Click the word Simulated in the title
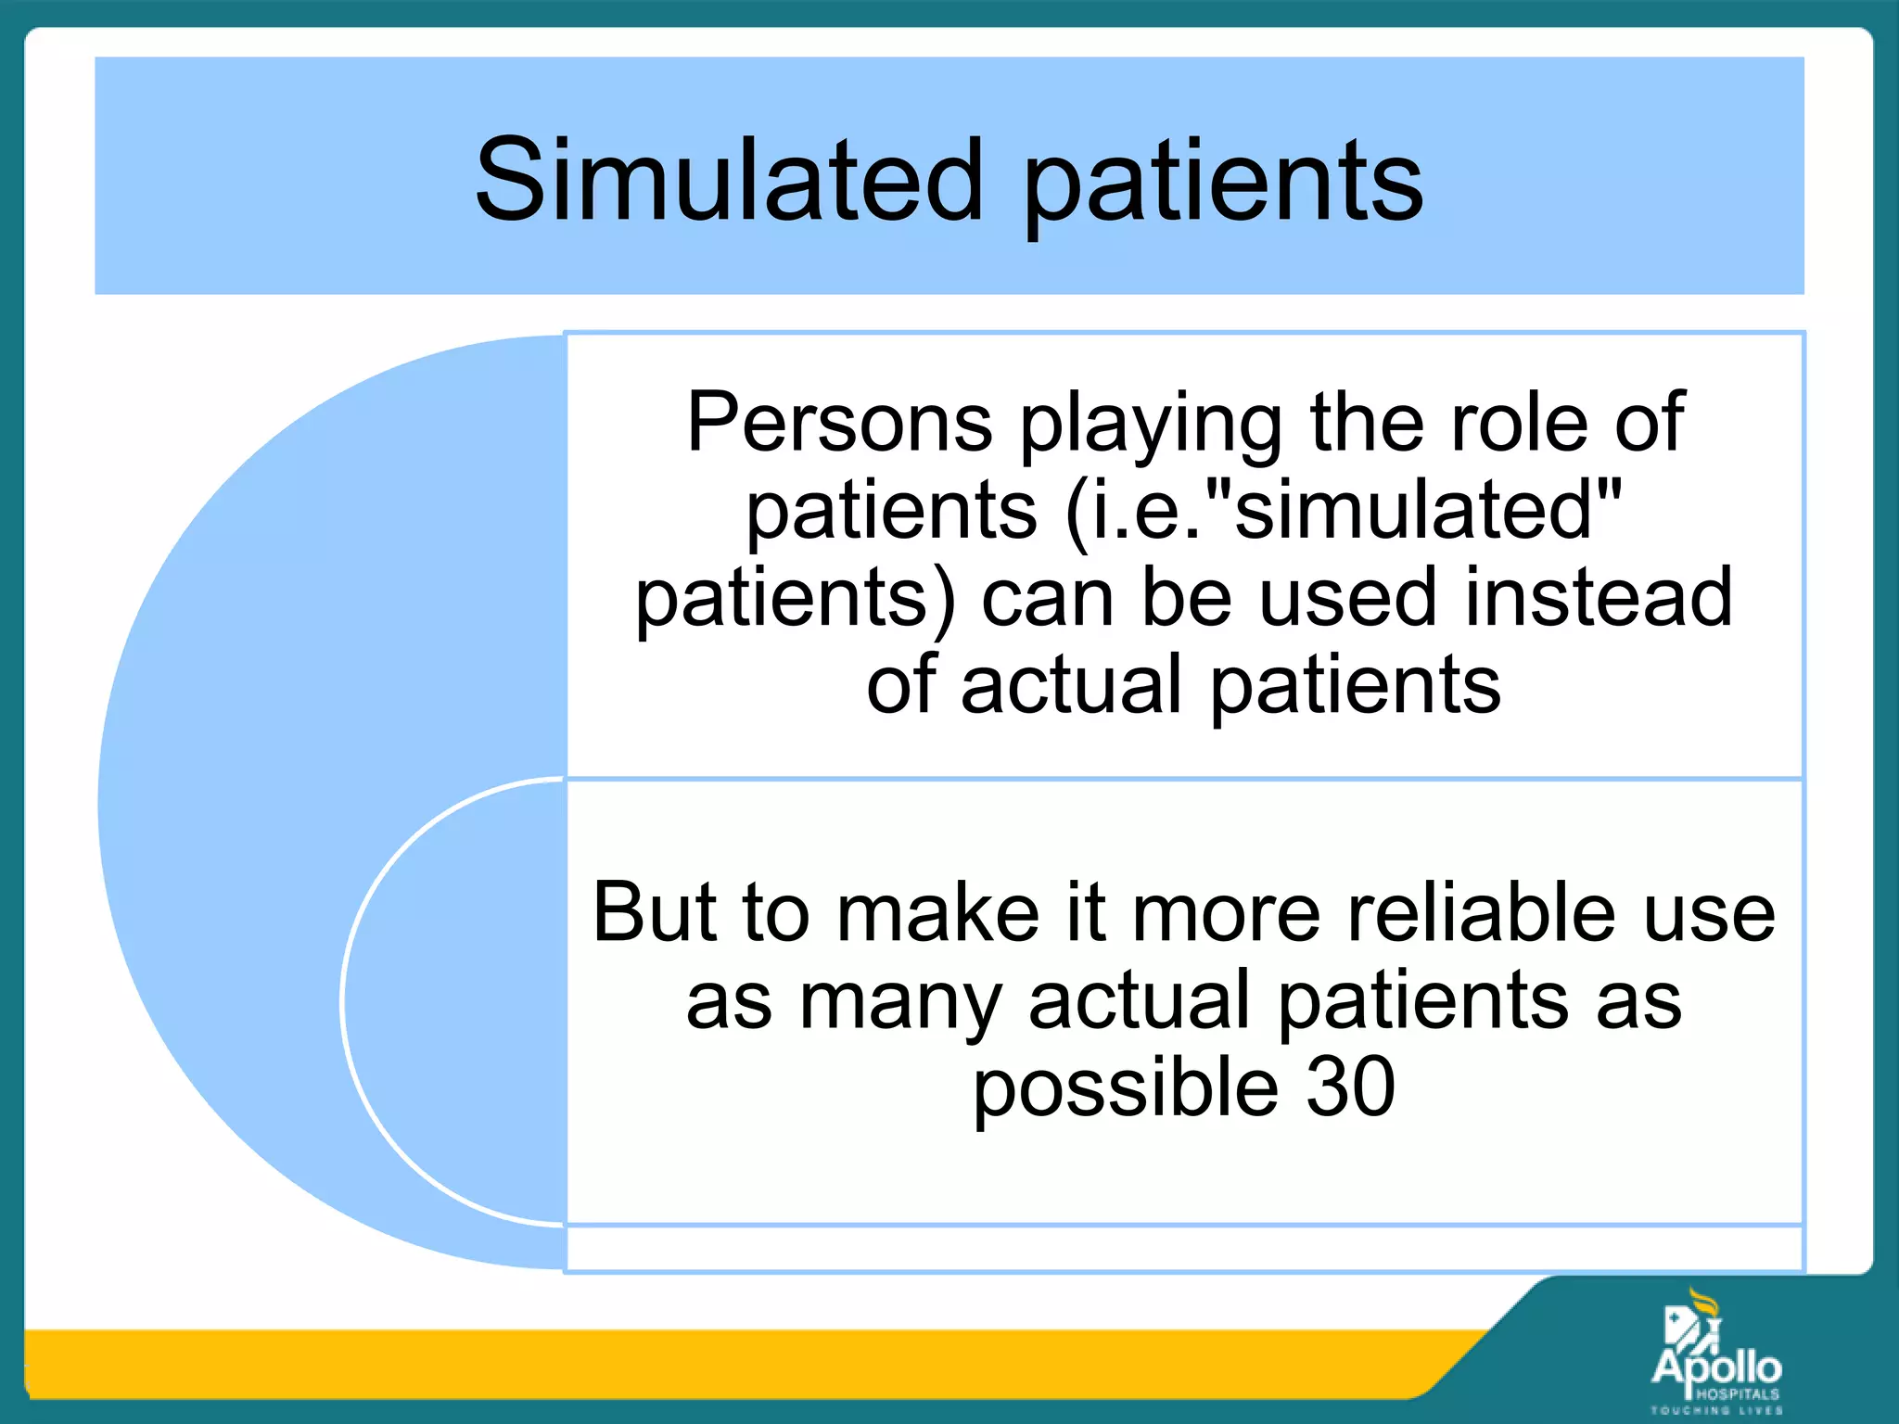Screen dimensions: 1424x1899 pos(729,181)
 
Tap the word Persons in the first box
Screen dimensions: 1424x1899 pos(839,423)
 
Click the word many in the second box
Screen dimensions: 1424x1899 pos(900,1001)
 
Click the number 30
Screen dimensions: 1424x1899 pos(1350,1087)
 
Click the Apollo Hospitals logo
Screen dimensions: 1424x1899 pos(1715,1363)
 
